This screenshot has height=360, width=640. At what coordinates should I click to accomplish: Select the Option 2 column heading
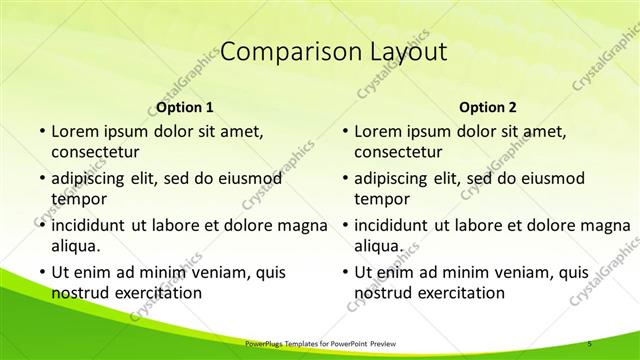pos(487,107)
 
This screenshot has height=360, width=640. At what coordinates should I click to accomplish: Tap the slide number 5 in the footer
pos(590,343)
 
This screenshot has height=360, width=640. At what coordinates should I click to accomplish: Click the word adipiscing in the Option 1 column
pos(93,178)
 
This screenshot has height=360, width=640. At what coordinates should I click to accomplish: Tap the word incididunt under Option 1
pos(93,225)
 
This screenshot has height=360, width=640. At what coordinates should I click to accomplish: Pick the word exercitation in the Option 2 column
pos(453,293)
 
